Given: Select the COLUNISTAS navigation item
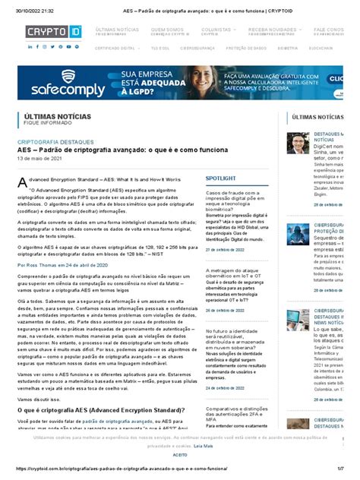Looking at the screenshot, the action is pyautogui.click(x=216, y=29).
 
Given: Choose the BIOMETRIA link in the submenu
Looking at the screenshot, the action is pyautogui.click(x=288, y=47).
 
